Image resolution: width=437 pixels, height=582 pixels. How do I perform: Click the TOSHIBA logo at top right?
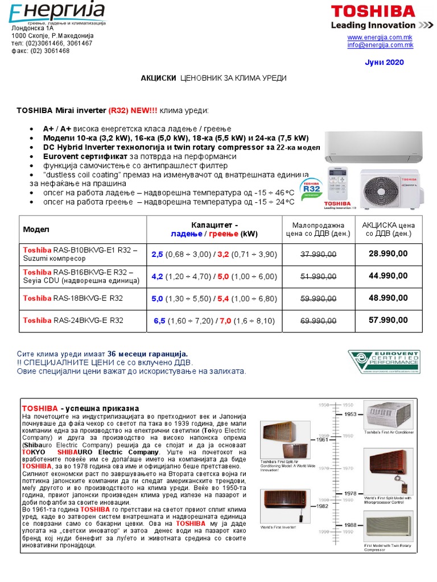click(x=373, y=11)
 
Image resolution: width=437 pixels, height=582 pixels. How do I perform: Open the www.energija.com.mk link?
click(x=380, y=37)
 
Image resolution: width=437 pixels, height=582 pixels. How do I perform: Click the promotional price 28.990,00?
click(x=388, y=253)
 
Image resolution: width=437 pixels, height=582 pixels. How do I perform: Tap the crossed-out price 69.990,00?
click(x=318, y=321)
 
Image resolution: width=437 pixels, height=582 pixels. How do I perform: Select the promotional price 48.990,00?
click(x=388, y=298)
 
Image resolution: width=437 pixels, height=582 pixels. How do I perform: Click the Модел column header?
click(x=36, y=230)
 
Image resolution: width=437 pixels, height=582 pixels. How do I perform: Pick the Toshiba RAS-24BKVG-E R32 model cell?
click(x=73, y=321)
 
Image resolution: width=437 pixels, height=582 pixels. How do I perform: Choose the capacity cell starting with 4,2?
click(x=214, y=276)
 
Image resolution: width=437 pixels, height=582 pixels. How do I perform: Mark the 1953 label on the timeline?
click(x=351, y=414)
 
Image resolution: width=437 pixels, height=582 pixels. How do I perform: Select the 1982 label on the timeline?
click(x=322, y=505)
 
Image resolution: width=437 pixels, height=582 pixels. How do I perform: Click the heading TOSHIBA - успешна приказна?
click(x=80, y=409)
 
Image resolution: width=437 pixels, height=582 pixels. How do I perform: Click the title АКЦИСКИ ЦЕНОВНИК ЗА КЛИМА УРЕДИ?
click(x=213, y=78)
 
